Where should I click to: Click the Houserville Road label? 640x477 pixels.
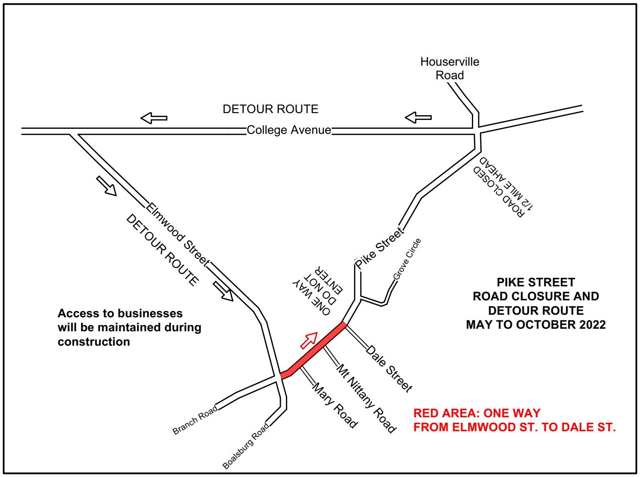(x=449, y=68)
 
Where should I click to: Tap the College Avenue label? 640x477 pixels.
(x=288, y=130)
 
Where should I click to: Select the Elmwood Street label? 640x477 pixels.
(x=177, y=234)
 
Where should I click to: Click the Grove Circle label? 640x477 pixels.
(x=407, y=259)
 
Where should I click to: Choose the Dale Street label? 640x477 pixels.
(x=389, y=369)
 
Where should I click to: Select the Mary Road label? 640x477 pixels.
(x=335, y=405)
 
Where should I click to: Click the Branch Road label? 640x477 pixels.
(x=195, y=420)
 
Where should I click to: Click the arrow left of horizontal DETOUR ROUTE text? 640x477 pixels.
(x=154, y=118)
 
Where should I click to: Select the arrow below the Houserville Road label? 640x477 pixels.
(x=418, y=117)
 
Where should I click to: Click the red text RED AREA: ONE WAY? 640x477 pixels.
(x=477, y=413)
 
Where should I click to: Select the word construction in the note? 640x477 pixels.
(x=94, y=341)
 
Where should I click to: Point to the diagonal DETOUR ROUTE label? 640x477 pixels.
(x=162, y=250)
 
